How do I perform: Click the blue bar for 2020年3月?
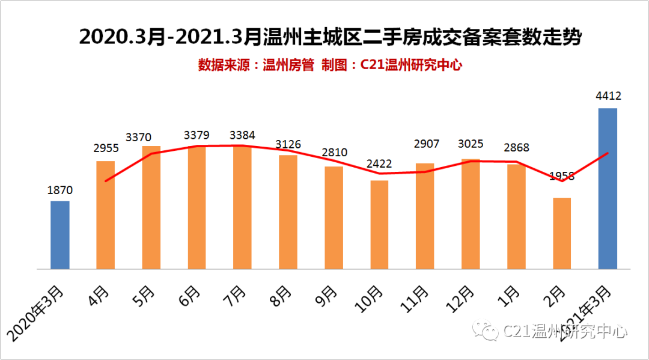[60, 235]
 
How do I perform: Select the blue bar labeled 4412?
[608, 189]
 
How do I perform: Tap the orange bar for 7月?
[243, 207]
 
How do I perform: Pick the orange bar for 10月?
[380, 225]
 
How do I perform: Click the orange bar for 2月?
[562, 233]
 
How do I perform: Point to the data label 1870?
[60, 191]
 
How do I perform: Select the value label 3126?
[288, 145]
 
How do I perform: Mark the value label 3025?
[471, 144]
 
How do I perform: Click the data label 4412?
[608, 96]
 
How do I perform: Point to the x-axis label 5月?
[144, 294]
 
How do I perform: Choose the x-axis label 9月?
[326, 294]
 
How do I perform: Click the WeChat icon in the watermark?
[486, 330]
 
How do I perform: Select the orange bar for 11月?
[425, 216]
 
